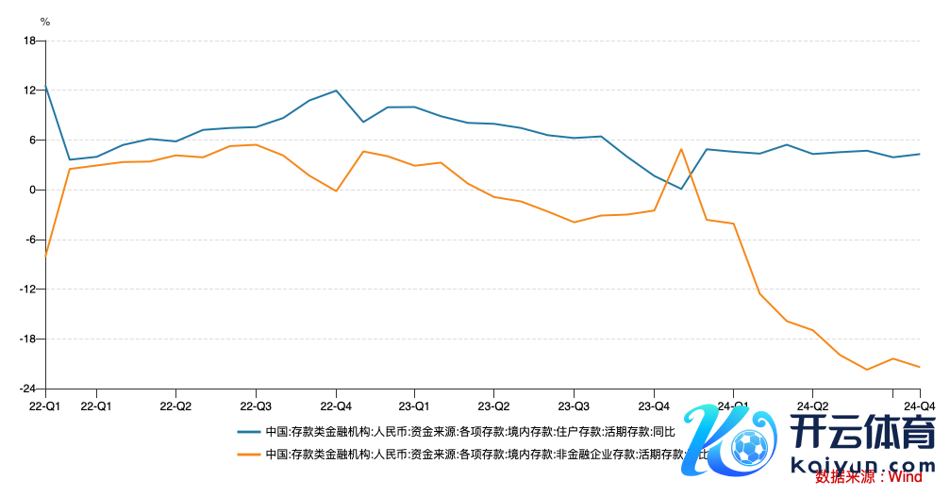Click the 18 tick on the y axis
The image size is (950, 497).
point(29,41)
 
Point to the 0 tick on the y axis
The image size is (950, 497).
point(32,190)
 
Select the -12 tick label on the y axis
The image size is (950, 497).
point(27,290)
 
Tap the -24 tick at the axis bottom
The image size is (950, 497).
point(27,389)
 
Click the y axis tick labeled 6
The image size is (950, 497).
point(32,140)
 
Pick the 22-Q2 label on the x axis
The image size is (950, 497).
point(176,406)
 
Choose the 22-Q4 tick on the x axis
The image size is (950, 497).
point(337,406)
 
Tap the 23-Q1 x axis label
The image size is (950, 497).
point(415,406)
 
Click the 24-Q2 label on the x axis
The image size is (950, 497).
point(813,406)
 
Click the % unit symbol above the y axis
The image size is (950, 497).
point(44,21)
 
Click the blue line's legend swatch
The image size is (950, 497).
point(249,433)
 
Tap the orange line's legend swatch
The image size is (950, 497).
point(249,454)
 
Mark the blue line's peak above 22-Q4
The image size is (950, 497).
point(337,91)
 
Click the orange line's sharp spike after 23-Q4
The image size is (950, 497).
point(681,149)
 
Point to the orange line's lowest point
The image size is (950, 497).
point(867,370)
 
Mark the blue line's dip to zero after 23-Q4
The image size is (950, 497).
point(681,189)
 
